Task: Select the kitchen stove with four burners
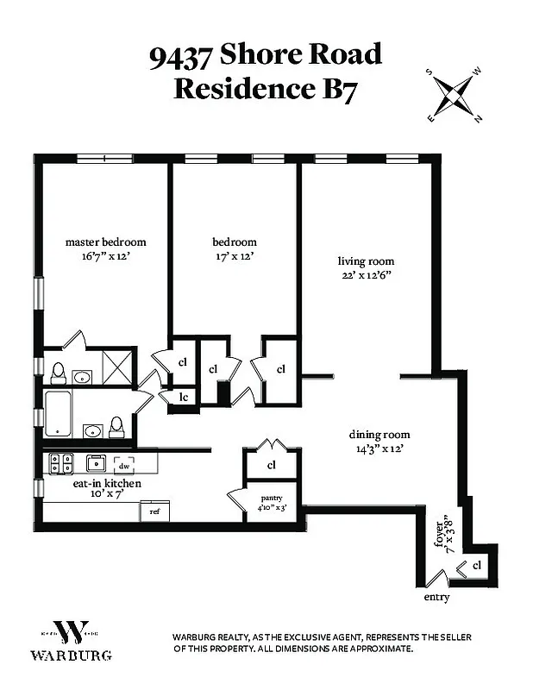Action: click(60, 462)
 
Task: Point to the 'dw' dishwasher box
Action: click(124, 463)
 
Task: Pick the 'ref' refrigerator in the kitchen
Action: click(155, 511)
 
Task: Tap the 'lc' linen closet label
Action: click(184, 397)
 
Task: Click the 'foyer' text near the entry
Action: click(440, 537)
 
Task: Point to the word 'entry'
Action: click(436, 597)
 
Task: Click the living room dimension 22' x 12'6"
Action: click(366, 275)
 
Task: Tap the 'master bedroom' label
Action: click(106, 242)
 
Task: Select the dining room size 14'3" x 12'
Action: click(379, 448)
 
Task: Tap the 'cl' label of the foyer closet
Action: click(476, 565)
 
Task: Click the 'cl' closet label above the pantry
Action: click(271, 465)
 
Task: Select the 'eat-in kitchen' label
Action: click(107, 484)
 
